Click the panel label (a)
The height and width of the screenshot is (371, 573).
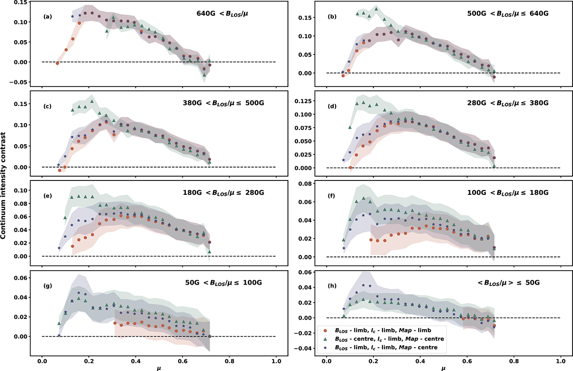(47, 17)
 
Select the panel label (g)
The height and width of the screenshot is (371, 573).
(47, 286)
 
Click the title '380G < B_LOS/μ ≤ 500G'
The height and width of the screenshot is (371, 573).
(223, 103)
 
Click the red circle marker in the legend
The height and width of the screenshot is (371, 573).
(325, 330)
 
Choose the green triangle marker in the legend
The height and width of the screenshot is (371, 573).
(325, 339)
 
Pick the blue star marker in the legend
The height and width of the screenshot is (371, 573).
(325, 347)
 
